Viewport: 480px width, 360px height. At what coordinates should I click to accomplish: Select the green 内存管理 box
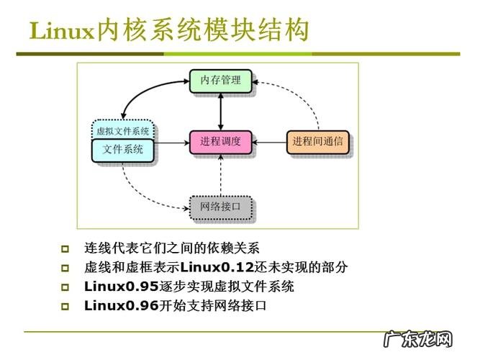[x=220, y=81]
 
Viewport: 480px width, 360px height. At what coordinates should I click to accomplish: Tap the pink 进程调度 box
[x=220, y=142]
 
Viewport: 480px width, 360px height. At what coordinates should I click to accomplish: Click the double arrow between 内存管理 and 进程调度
[x=220, y=111]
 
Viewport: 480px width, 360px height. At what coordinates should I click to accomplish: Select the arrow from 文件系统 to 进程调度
[x=173, y=143]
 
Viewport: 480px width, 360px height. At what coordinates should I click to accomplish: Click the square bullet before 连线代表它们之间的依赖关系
[x=65, y=249]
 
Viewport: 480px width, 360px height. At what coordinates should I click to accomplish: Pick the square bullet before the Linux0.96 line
[x=65, y=306]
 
